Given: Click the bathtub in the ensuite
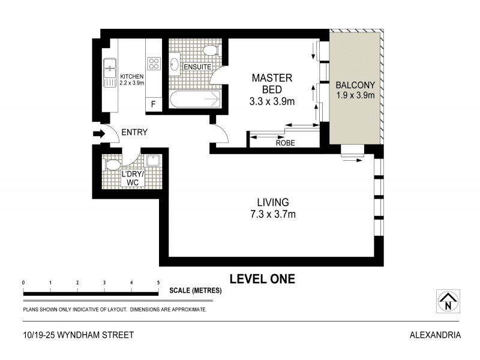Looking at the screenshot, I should click(x=194, y=99).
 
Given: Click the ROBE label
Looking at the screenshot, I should click(x=284, y=143).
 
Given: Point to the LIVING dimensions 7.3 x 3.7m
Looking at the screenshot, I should click(x=273, y=214).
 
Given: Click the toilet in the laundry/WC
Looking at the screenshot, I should click(x=112, y=164).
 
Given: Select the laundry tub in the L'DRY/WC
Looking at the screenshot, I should click(x=152, y=160).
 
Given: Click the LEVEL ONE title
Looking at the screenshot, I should click(x=262, y=279).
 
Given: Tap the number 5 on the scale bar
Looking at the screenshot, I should click(x=158, y=283).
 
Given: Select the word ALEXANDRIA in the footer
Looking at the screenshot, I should click(x=435, y=335).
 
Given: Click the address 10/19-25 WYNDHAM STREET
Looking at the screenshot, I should click(x=70, y=335).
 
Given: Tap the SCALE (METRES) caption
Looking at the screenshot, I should click(x=196, y=290).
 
